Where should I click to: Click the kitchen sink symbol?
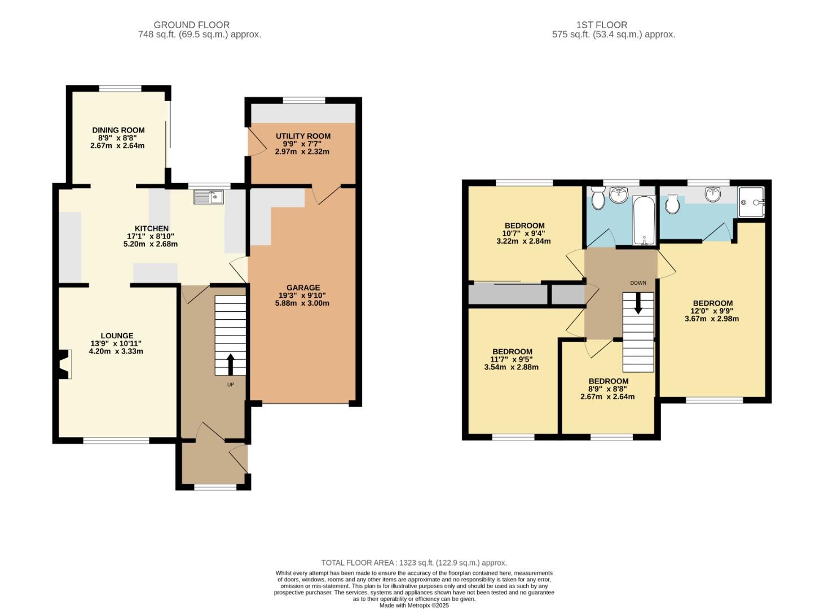pos(208,197)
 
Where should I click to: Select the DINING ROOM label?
pos(118,130)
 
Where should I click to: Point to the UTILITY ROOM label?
pos(303,136)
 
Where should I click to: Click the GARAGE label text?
pos(303,288)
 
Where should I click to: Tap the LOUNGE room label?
pos(117,336)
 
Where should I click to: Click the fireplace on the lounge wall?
pos(65,364)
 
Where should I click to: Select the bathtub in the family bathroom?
pos(642,220)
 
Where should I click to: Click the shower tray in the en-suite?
pos(751,202)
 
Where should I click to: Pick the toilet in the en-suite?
pos(671,205)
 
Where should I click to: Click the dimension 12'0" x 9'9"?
pos(711,311)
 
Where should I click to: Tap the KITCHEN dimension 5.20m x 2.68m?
pos(151,244)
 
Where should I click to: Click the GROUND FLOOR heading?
pos(191,25)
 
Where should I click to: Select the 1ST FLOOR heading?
pos(601,25)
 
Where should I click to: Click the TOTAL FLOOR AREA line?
pos(413,562)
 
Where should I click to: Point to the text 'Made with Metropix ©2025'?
pos(413,605)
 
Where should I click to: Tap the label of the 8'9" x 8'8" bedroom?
pos(608,381)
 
